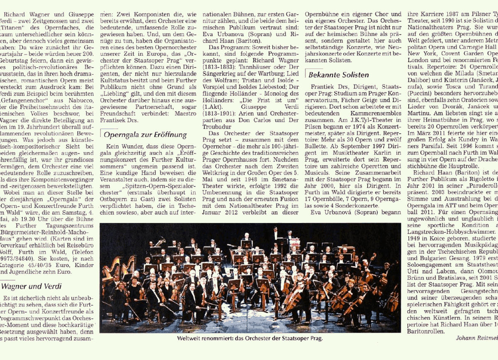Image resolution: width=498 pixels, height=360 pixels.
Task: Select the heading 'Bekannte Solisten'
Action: click(x=339, y=75)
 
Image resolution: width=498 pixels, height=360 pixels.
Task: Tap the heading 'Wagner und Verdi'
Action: click(x=32, y=286)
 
